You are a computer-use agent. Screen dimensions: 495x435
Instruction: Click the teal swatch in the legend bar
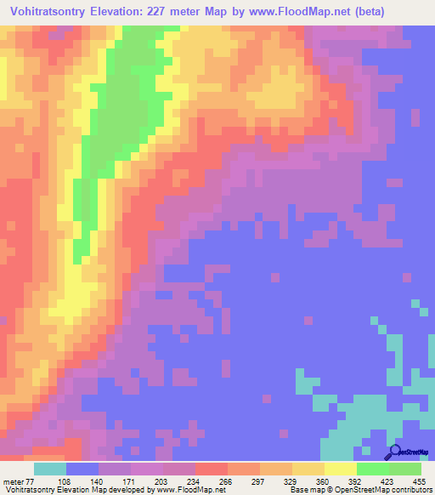tap(50, 469)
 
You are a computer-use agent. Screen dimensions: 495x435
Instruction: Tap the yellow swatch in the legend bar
tap(341, 469)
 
